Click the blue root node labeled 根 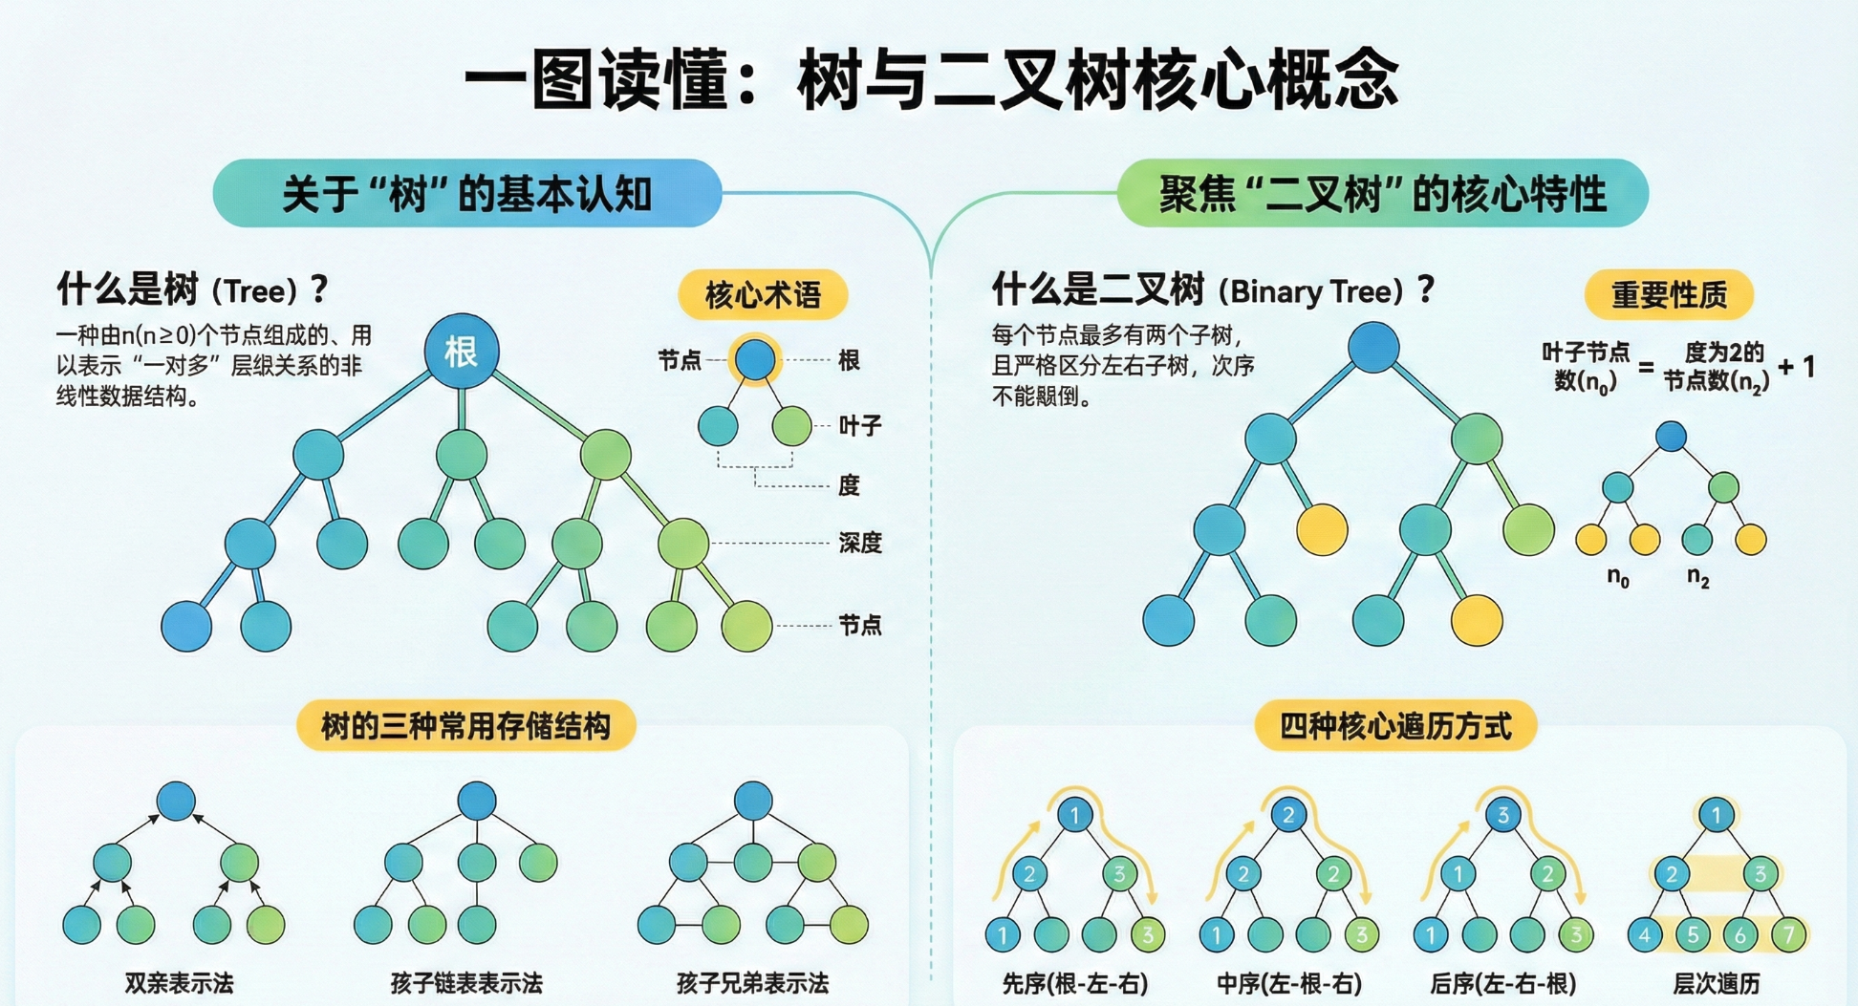point(461,352)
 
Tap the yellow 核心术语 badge point(763,294)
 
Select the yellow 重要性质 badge point(1669,294)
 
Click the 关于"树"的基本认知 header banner point(466,194)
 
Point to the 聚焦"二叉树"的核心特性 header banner point(1382,194)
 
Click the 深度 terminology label point(859,543)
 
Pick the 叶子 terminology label point(859,425)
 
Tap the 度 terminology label point(849,485)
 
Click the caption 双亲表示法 point(179,983)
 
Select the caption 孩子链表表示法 point(466,983)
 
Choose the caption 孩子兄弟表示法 point(752,983)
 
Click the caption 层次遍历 point(1717,983)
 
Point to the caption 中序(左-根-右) point(1288,983)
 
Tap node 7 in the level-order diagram point(1788,934)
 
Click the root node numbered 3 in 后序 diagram point(1502,815)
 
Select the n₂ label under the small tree point(1697,577)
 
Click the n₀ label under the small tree point(1617,577)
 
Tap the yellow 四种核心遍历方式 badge point(1395,726)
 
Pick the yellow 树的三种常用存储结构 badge point(465,726)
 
